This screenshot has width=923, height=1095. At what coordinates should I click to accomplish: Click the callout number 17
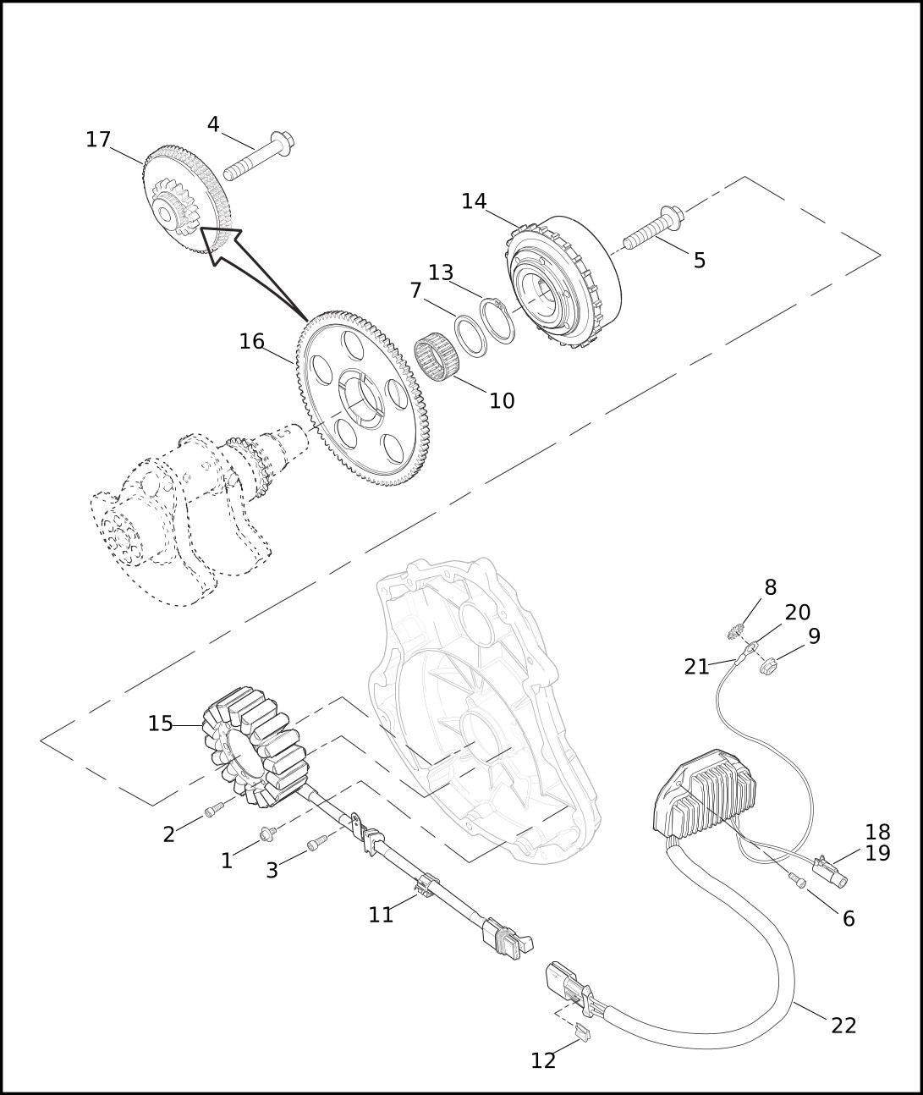click(x=99, y=140)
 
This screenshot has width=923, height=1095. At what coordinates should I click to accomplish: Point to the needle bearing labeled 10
click(x=437, y=360)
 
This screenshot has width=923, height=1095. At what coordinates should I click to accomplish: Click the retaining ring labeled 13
click(x=497, y=321)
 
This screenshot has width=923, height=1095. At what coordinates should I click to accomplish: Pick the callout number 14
click(x=474, y=201)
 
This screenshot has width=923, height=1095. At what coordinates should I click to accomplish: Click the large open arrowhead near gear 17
click(x=221, y=245)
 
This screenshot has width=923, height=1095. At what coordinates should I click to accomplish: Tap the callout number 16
click(x=252, y=342)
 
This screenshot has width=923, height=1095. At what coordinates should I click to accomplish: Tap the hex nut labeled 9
click(x=768, y=666)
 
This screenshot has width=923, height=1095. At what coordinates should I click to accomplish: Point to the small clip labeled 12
click(x=583, y=1031)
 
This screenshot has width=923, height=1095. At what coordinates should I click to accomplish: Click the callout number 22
click(x=843, y=1026)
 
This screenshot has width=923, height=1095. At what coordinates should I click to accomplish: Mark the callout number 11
click(x=381, y=915)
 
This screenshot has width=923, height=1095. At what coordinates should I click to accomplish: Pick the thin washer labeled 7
click(x=470, y=336)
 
